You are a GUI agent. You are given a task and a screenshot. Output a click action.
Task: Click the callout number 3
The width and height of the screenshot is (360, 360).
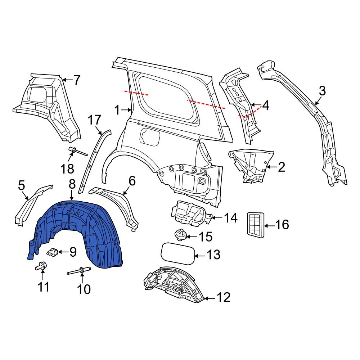point(322,91)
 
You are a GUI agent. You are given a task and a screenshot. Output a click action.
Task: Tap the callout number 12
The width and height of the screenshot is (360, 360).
point(223,297)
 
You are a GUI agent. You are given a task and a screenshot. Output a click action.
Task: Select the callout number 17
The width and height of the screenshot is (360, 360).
point(95,120)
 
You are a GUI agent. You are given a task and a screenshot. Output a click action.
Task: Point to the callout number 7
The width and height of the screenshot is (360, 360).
point(76,80)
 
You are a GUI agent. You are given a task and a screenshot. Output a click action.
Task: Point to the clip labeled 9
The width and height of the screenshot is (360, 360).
point(54,252)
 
